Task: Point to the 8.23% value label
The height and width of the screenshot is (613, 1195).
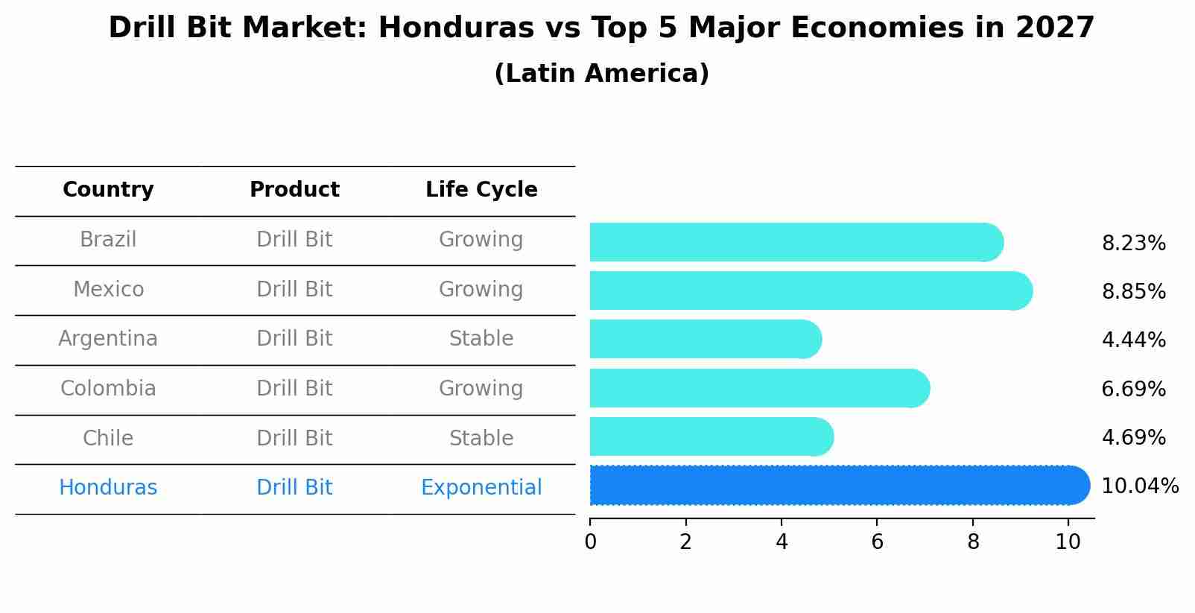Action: [1133, 244]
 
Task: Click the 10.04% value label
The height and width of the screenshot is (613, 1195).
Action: [1139, 486]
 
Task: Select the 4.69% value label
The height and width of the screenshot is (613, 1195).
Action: [1133, 437]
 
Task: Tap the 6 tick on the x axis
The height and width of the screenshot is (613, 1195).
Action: [877, 542]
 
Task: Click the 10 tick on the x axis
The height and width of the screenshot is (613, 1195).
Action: [1068, 542]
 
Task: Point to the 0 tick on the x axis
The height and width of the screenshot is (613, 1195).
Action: [590, 542]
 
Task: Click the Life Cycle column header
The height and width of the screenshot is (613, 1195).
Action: [481, 190]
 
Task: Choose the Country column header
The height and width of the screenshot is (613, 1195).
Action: [108, 190]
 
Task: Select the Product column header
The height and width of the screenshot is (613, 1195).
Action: [294, 190]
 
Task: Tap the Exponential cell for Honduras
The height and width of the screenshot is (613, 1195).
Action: [481, 488]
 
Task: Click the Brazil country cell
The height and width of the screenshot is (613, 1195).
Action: [108, 240]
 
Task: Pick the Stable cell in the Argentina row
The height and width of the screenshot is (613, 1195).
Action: [481, 339]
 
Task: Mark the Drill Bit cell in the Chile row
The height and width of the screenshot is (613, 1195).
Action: [294, 438]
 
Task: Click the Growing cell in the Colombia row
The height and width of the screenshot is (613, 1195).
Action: [481, 389]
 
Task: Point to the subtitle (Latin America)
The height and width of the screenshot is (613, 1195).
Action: [601, 74]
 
